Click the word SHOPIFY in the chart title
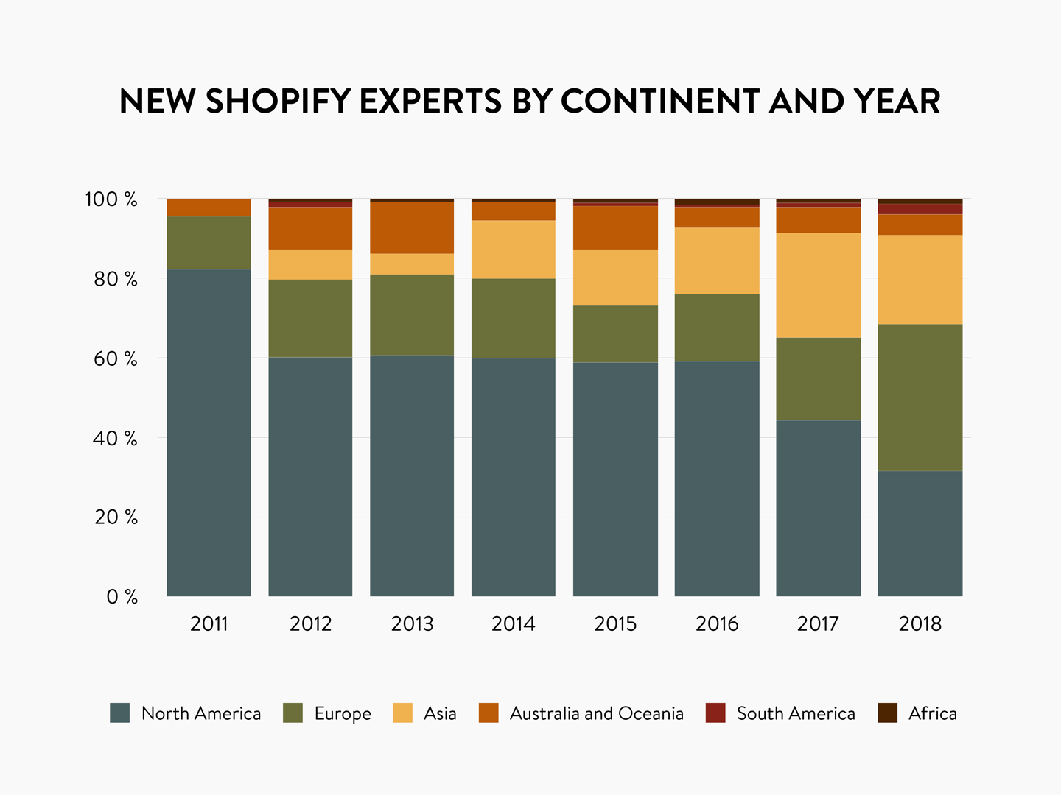(x=278, y=102)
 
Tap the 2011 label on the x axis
(x=209, y=624)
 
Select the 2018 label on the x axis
(x=920, y=624)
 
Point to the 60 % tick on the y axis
(x=111, y=359)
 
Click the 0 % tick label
(x=122, y=597)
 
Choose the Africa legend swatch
(x=887, y=713)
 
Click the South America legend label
(x=796, y=713)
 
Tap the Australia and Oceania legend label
(x=596, y=713)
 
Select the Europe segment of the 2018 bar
(x=920, y=397)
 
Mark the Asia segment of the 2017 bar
(x=819, y=286)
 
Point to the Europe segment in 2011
(x=209, y=243)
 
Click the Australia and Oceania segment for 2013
(x=412, y=227)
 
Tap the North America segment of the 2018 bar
(x=920, y=534)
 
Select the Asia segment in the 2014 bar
(x=514, y=250)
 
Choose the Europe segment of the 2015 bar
(x=615, y=334)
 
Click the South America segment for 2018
(x=920, y=209)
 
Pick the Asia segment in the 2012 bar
(x=310, y=264)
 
